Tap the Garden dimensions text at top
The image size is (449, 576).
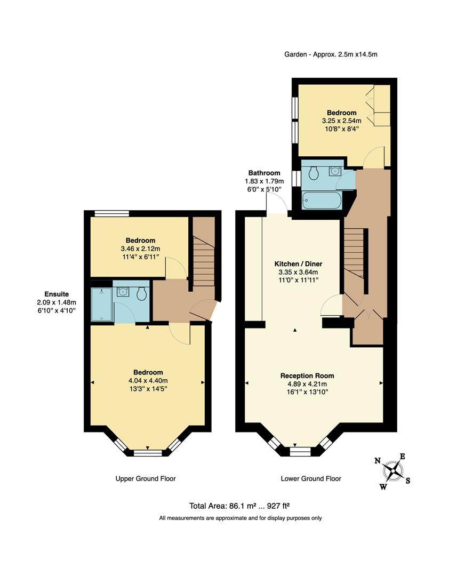tap(334, 54)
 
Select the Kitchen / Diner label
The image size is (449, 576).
tap(298, 272)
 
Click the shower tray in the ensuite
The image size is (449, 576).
tap(101, 305)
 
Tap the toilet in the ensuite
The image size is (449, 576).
tap(142, 293)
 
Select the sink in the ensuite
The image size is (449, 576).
tap(124, 292)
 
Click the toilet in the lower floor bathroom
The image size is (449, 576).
tap(314, 172)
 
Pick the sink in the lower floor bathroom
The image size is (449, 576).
tap(335, 171)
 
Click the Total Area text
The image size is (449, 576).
tap(239, 506)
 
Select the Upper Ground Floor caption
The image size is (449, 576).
tap(146, 478)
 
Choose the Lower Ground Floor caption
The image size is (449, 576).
tap(311, 478)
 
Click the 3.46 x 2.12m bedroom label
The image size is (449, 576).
tap(140, 249)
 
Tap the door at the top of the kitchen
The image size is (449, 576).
tap(277, 204)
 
